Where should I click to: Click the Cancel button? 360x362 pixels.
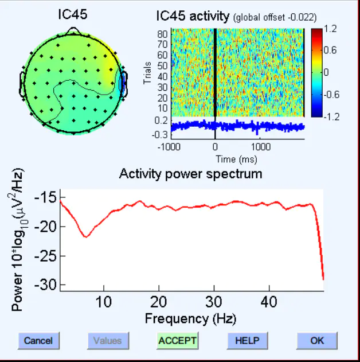click(38, 340)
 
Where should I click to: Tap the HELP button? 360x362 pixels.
click(246, 340)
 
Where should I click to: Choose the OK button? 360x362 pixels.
click(317, 340)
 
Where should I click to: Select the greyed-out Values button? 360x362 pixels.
click(108, 340)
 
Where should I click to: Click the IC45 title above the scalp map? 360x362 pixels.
click(73, 14)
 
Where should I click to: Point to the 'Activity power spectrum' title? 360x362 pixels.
click(190, 173)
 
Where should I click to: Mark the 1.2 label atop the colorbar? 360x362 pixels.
click(330, 28)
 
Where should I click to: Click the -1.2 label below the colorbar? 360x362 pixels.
click(332, 116)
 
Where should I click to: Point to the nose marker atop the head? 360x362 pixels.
click(73, 29)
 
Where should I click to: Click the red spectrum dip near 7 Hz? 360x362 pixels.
click(86, 236)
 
